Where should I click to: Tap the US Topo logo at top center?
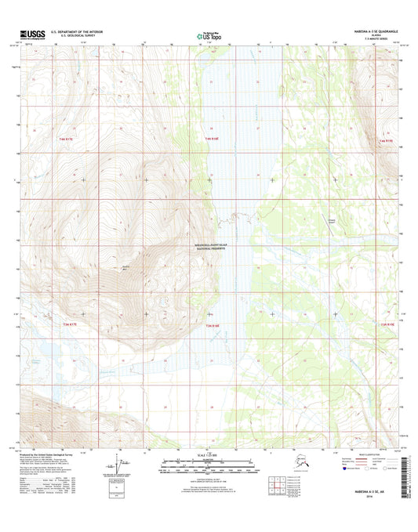(208, 35)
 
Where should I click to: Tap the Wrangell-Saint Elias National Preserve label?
(216, 244)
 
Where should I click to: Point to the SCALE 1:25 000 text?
(209, 454)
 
